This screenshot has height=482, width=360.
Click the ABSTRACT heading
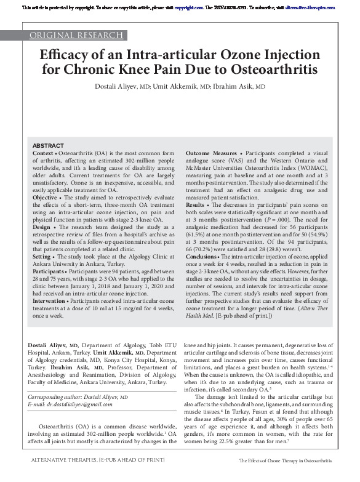(x=47, y=145)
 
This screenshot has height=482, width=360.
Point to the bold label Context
(x=42, y=151)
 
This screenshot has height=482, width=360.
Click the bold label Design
(x=42, y=226)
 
